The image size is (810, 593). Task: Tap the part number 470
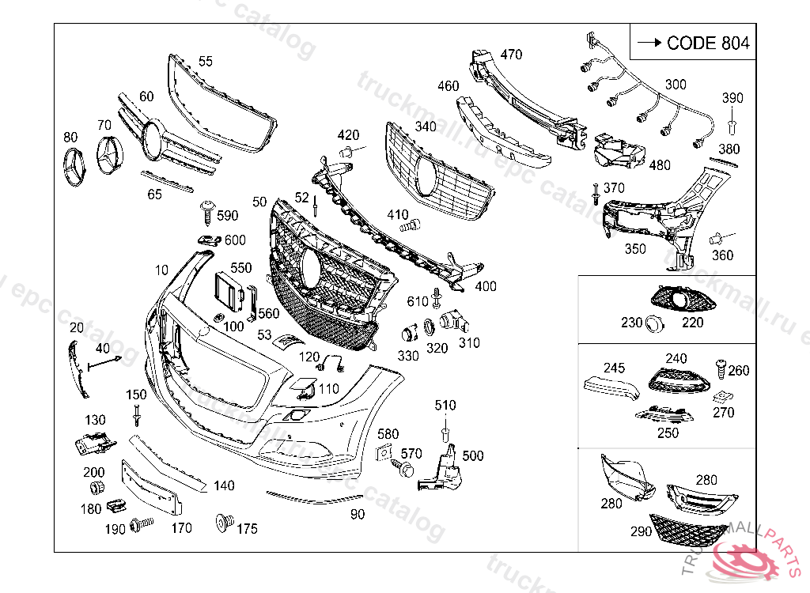pyautogui.click(x=511, y=55)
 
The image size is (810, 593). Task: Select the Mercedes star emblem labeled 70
pyautogui.click(x=109, y=155)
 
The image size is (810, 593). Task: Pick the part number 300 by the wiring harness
pyautogui.click(x=676, y=85)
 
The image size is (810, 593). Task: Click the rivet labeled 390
pyautogui.click(x=732, y=126)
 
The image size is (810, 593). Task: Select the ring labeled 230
pyautogui.click(x=653, y=323)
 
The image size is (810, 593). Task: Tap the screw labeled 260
pyautogui.click(x=721, y=366)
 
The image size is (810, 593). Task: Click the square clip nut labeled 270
pyautogui.click(x=721, y=397)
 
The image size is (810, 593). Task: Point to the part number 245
pyautogui.click(x=614, y=368)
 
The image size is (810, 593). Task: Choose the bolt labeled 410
pyautogui.click(x=409, y=227)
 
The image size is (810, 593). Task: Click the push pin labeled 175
pyautogui.click(x=222, y=521)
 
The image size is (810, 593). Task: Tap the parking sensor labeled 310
pyautogui.click(x=452, y=320)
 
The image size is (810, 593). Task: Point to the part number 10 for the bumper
pyautogui.click(x=161, y=270)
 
